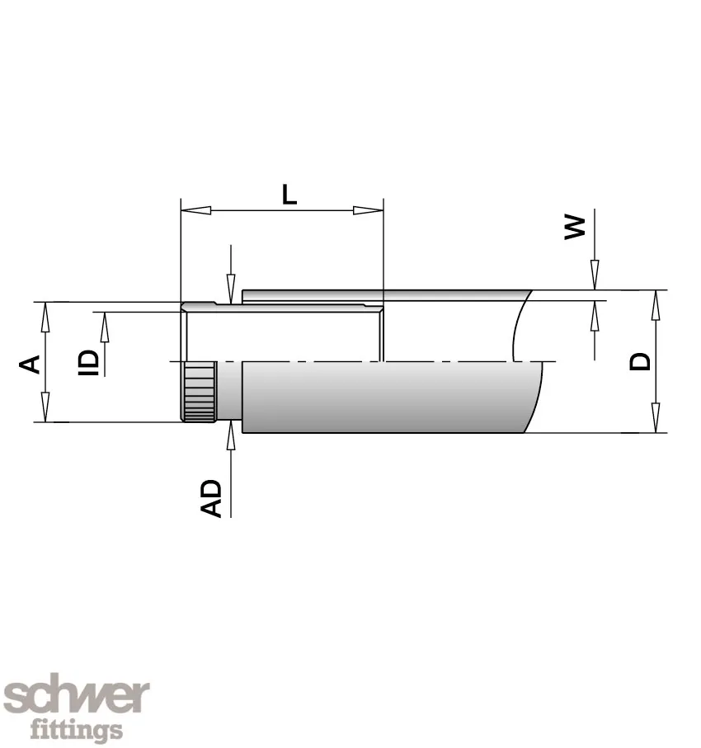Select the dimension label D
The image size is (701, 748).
[x=640, y=361]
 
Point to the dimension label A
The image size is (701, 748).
[x=30, y=363]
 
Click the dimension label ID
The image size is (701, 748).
[x=90, y=362]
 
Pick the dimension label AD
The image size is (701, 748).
[x=213, y=497]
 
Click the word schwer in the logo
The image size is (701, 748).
[x=78, y=698]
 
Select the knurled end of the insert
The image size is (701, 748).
[x=198, y=391]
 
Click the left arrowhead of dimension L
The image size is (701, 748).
[x=194, y=209]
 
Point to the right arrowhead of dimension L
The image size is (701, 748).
[x=369, y=209]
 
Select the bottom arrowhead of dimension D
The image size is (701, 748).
[x=655, y=417]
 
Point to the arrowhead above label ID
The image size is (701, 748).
[x=105, y=327]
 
